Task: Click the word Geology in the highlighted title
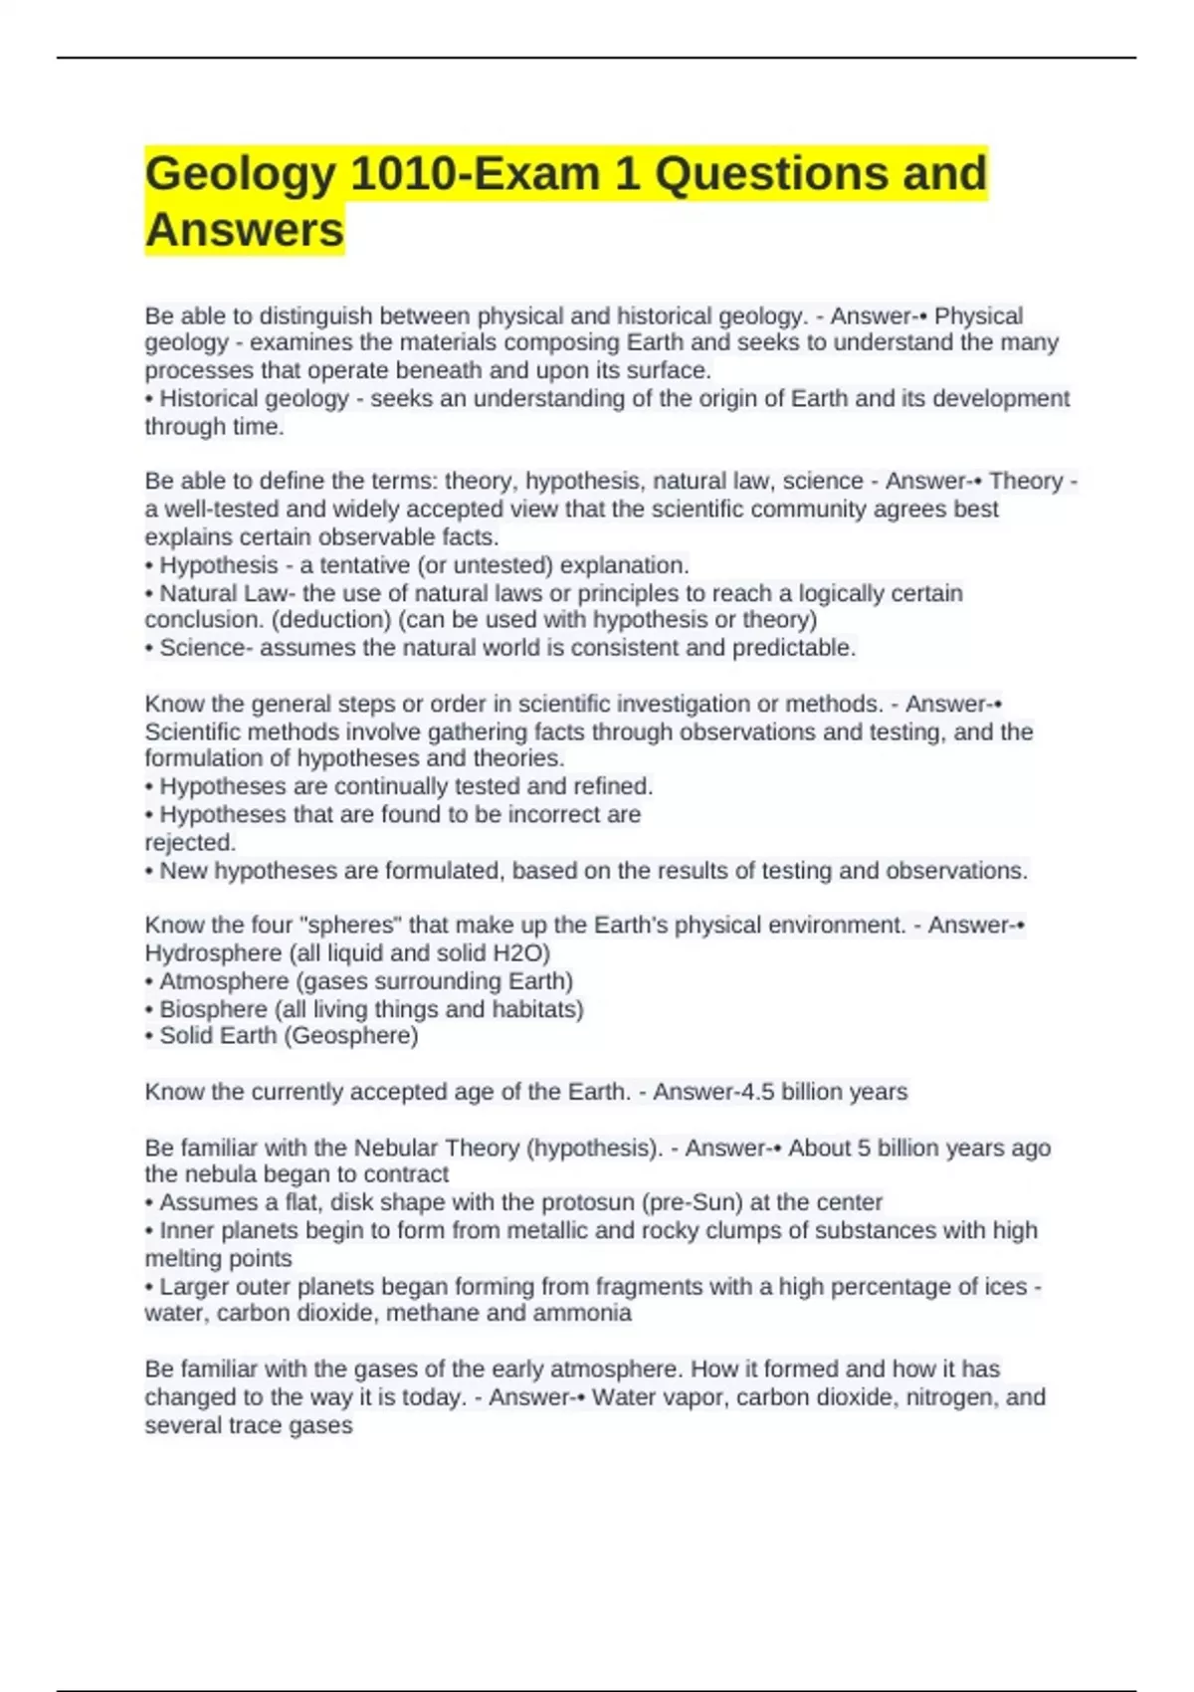[x=241, y=174]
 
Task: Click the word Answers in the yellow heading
[x=245, y=230]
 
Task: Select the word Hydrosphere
[x=213, y=952]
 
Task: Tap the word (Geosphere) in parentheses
[x=351, y=1036]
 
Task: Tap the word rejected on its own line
[x=190, y=842]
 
